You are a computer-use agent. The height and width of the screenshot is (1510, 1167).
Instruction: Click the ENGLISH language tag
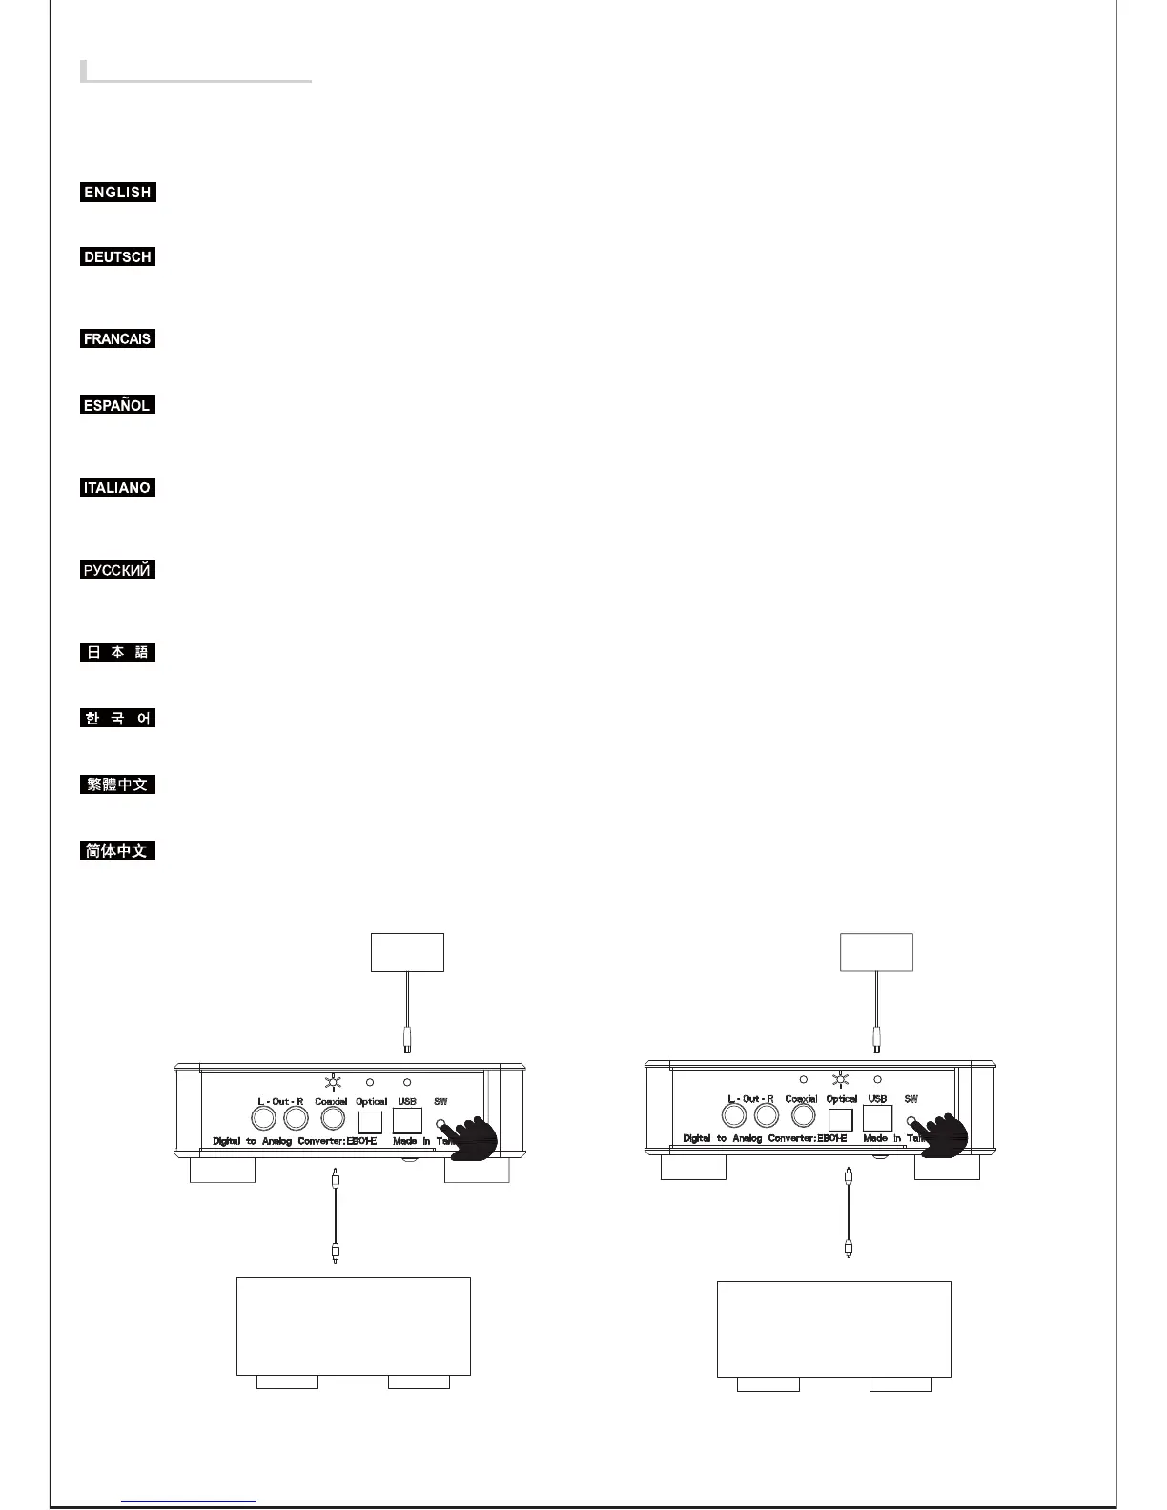117,192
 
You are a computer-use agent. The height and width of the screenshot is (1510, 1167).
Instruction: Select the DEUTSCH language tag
117,256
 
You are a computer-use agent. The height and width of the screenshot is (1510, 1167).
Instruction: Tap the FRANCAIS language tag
117,338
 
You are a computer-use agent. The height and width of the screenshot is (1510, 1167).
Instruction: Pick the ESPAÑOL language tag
117,405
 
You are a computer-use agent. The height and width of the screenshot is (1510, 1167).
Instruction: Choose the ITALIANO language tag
117,487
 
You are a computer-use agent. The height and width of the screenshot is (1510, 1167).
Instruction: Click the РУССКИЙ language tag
117,570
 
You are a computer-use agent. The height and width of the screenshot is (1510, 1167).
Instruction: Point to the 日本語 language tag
117,652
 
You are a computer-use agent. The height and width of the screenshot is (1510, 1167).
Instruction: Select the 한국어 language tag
117,718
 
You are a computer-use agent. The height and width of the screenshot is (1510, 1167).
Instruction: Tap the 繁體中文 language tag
117,785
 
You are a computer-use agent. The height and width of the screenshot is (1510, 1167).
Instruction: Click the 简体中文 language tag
117,850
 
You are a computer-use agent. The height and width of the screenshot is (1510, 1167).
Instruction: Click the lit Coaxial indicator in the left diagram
333,1082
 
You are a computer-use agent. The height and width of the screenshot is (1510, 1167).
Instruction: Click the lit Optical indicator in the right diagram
841,1079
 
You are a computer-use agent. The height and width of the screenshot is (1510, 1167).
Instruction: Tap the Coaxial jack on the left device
333,1117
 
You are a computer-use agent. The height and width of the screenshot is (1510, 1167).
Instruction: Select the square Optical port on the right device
841,1118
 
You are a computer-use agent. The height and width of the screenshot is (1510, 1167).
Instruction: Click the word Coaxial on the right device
801,1099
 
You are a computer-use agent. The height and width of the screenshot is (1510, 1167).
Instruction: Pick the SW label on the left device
440,1102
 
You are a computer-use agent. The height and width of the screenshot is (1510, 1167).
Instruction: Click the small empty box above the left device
407,952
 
